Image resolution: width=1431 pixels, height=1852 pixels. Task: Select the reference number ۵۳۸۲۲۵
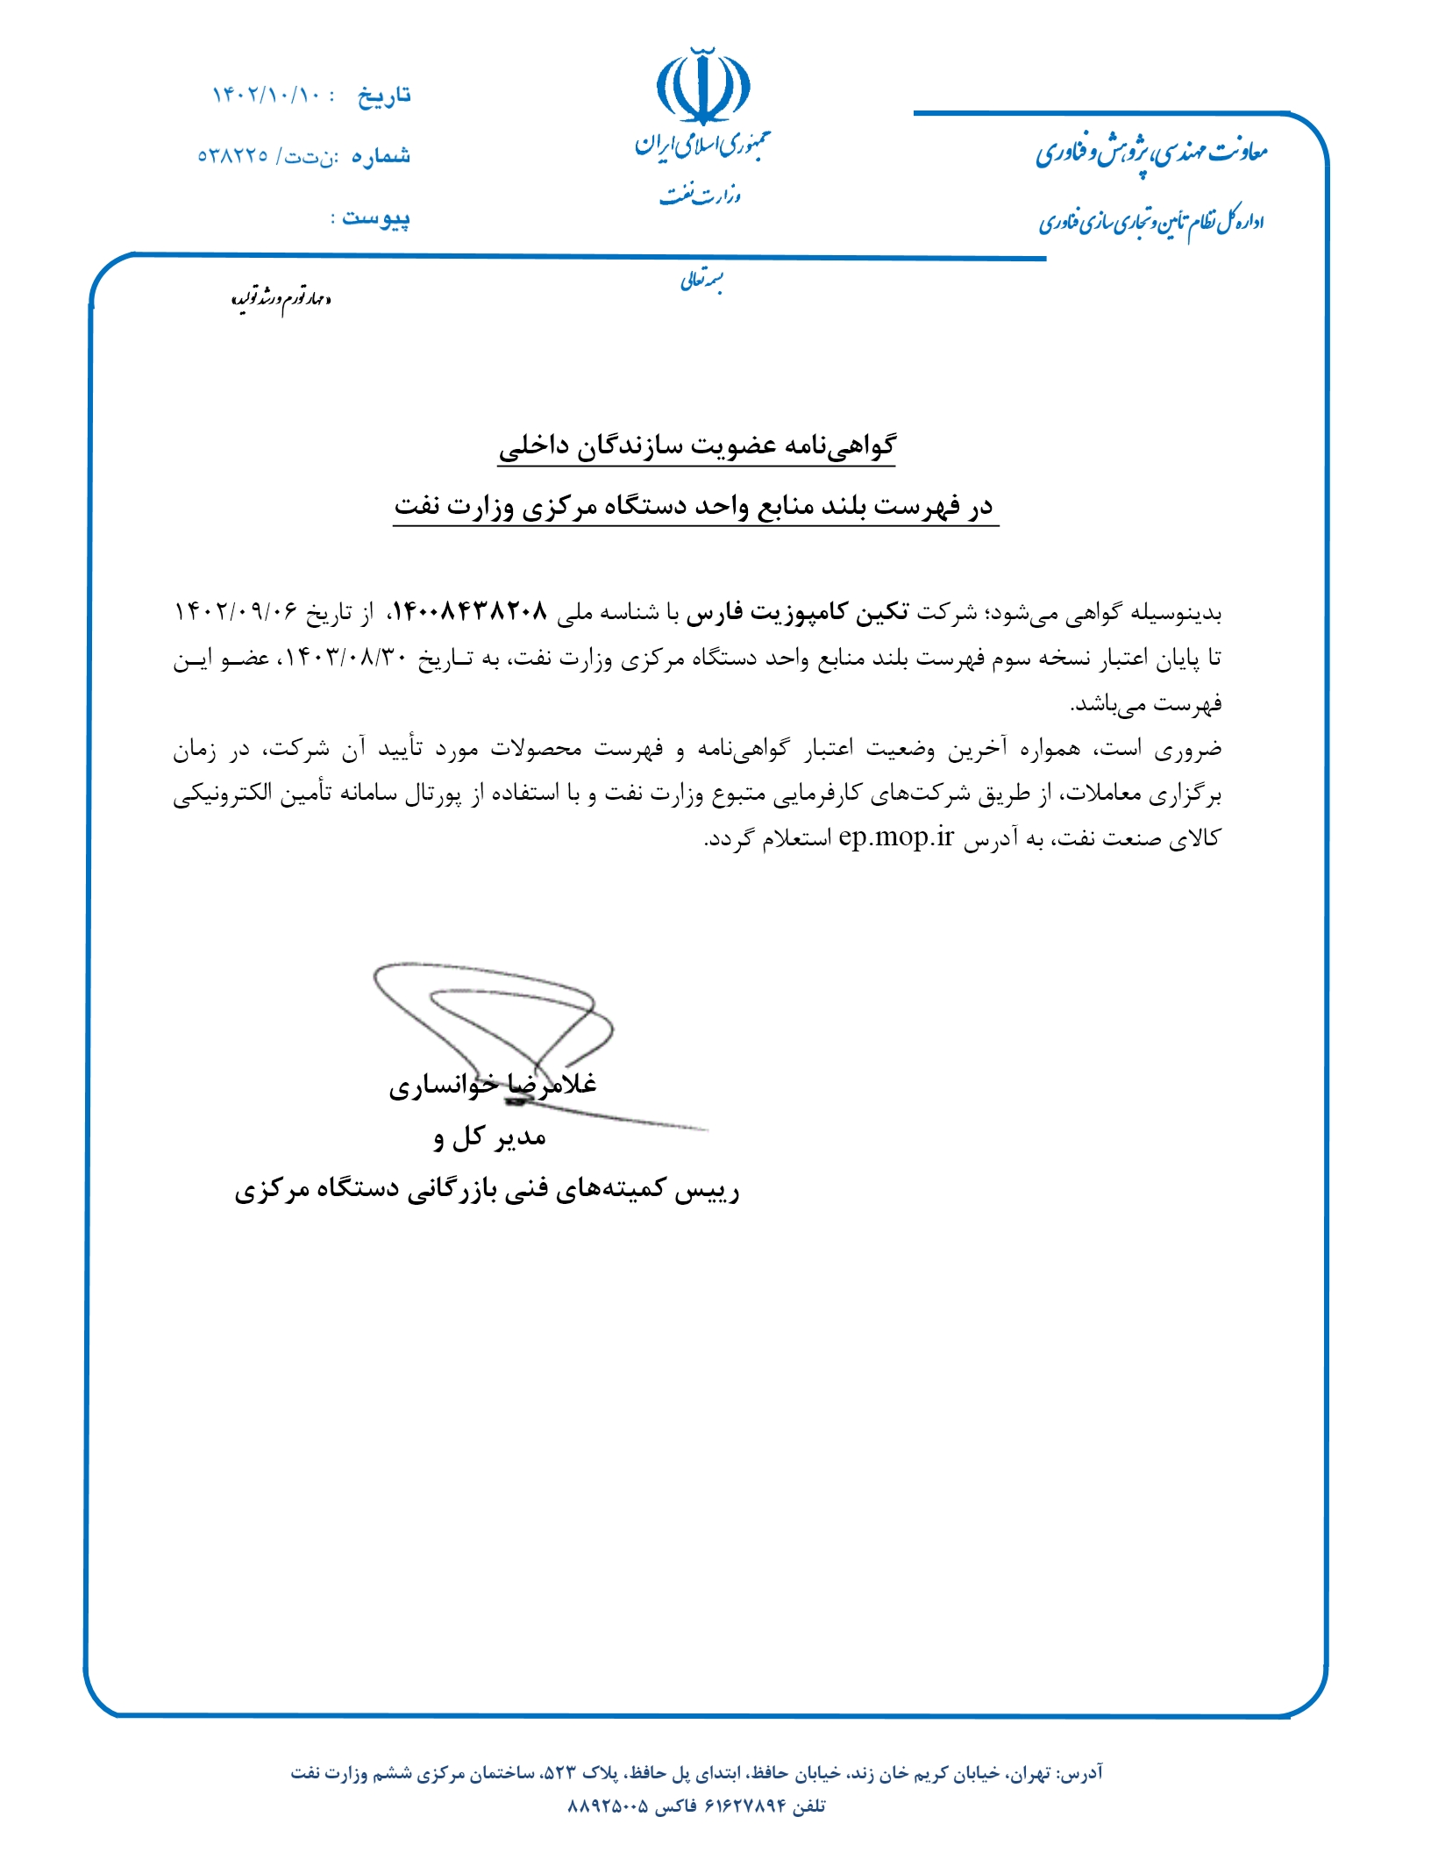click(232, 156)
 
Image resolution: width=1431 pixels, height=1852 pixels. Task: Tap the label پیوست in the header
click(376, 217)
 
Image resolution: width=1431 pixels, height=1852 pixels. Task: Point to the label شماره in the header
click(381, 156)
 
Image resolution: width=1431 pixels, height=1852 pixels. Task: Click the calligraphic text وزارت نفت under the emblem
click(701, 195)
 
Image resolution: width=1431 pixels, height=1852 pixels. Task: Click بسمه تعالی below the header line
click(701, 281)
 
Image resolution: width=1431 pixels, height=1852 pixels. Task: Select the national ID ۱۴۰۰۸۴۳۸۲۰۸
click(469, 611)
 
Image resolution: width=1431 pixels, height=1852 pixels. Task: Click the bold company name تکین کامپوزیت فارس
click(797, 611)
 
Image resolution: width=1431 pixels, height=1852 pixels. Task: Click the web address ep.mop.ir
click(895, 837)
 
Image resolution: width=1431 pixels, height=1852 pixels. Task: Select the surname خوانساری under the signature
click(443, 1086)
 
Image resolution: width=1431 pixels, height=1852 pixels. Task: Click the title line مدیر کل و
click(489, 1137)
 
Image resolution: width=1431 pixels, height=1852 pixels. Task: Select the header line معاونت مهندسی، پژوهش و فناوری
click(1151, 153)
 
